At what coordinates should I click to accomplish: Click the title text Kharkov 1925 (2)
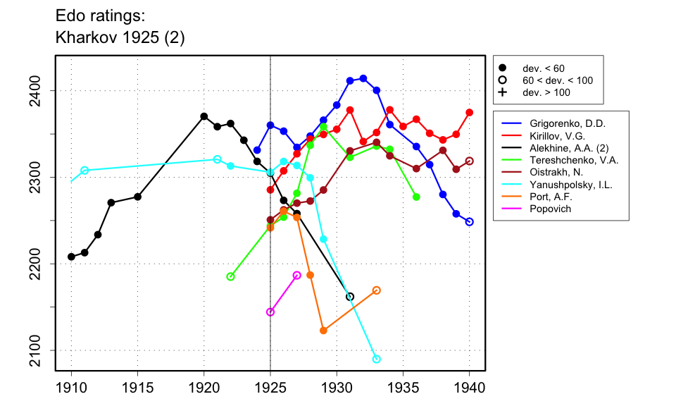tap(120, 37)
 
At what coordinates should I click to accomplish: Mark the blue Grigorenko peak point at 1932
tap(363, 78)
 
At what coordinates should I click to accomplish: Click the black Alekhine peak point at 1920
tap(204, 116)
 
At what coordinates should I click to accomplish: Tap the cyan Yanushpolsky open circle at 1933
tap(377, 359)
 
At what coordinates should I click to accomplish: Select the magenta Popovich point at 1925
tap(270, 312)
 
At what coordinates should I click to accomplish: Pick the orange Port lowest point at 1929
tap(323, 330)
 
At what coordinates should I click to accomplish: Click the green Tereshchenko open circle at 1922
tap(230, 276)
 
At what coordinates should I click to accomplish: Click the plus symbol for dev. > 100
tap(502, 92)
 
